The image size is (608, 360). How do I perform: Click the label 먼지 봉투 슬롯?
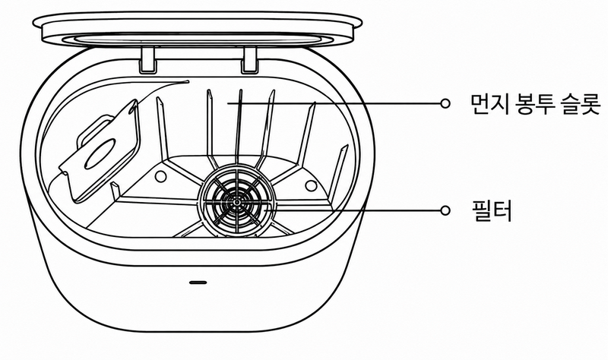pyautogui.click(x=535, y=104)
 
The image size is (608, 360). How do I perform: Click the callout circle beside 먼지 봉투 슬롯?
pyautogui.click(x=445, y=103)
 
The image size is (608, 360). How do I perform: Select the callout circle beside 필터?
pyautogui.click(x=445, y=210)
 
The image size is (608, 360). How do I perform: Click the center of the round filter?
pyautogui.click(x=236, y=202)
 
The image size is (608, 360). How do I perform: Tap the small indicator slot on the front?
pyautogui.click(x=198, y=283)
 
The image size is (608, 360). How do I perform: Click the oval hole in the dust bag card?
pyautogui.click(x=100, y=155)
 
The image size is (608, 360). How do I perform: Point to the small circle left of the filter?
pyautogui.click(x=160, y=176)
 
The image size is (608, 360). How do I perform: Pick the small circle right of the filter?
pyautogui.click(x=311, y=185)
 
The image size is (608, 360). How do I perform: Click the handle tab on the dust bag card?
pyautogui.click(x=93, y=129)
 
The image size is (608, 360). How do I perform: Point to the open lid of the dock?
pyautogui.click(x=198, y=29)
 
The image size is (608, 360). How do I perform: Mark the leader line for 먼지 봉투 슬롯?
pyautogui.click(x=334, y=103)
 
